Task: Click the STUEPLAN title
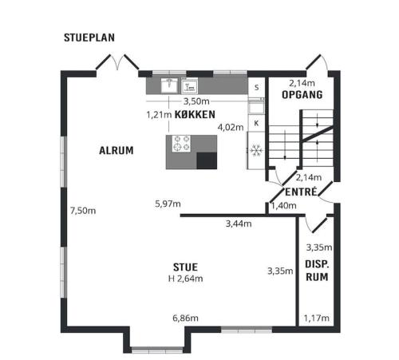[x=89, y=38]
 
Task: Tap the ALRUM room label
[x=117, y=151]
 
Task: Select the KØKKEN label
[x=195, y=114]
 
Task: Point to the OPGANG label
[x=302, y=95]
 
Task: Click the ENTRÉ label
[x=302, y=192]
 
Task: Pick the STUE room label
[x=185, y=267]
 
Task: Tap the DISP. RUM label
[x=317, y=271]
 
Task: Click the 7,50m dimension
[x=83, y=211]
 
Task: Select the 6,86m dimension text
[x=185, y=318]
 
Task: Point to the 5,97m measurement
[x=168, y=204]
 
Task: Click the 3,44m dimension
[x=239, y=224]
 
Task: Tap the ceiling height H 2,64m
[x=186, y=279]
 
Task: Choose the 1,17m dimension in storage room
[x=317, y=318]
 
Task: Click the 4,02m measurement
[x=231, y=128]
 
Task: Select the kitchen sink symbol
[x=169, y=85]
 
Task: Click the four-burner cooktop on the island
[x=181, y=144]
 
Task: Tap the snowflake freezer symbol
[x=256, y=150]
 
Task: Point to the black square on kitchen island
[x=207, y=160]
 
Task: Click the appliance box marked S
[x=256, y=87]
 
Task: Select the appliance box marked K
[x=256, y=123]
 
